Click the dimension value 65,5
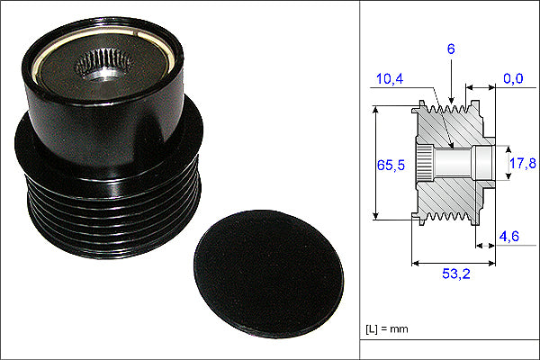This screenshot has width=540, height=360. coord(391,166)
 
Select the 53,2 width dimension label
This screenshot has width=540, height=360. coord(456,274)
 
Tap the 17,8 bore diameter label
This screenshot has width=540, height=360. coord(522,163)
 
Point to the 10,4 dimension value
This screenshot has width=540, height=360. coord(390,79)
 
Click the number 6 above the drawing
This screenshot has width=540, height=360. coord(451,49)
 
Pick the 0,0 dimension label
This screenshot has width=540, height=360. coord(513,78)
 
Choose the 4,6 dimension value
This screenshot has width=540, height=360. coord(509,237)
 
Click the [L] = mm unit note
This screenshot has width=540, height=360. coord(387,329)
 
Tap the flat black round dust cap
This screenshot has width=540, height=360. coord(268,274)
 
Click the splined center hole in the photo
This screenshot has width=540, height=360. coord(104,66)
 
